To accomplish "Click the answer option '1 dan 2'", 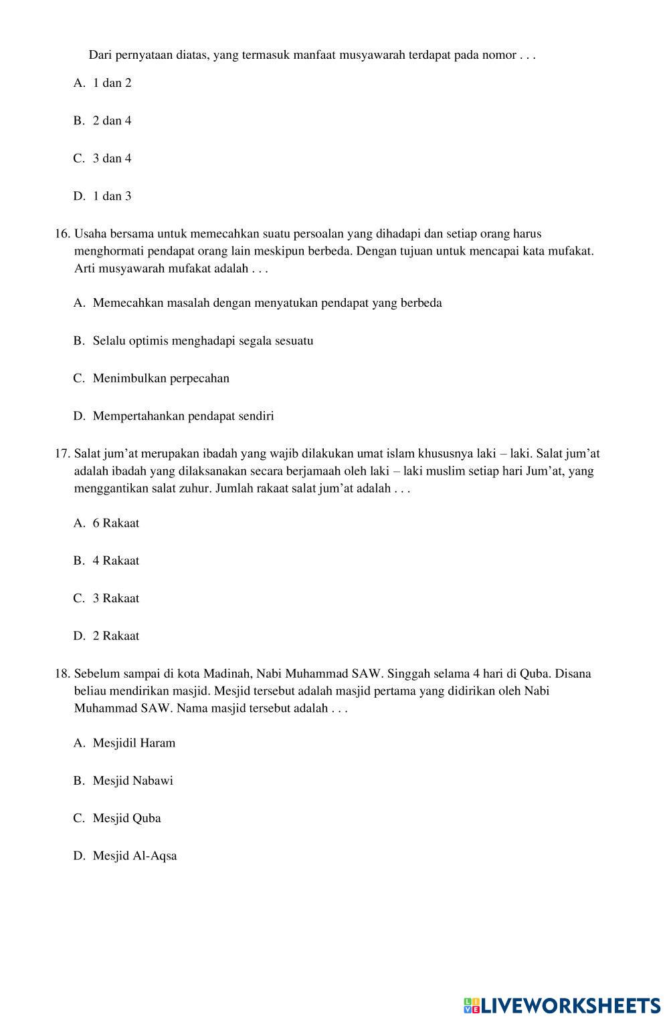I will [x=112, y=83].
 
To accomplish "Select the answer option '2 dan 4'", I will [x=112, y=120].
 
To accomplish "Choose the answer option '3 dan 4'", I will [x=112, y=158].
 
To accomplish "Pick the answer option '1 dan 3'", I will [x=112, y=196].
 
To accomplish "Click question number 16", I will [x=62, y=234].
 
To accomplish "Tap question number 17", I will [x=62, y=454].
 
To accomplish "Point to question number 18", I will [x=62, y=674].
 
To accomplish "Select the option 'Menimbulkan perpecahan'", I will [x=161, y=378].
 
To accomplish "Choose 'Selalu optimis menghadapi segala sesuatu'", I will [x=203, y=341].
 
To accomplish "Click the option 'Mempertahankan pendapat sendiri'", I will [x=183, y=416].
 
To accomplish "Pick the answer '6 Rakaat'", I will [x=116, y=523].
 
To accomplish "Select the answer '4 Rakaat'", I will [x=116, y=561].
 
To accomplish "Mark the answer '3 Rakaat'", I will [x=116, y=598].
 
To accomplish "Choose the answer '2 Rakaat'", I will [x=116, y=636].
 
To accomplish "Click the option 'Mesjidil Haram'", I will [x=134, y=743].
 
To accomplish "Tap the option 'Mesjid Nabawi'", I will [x=132, y=781].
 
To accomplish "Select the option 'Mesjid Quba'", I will [x=126, y=818].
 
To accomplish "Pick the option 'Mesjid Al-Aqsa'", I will [x=134, y=856].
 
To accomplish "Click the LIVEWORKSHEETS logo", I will [x=561, y=1005].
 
